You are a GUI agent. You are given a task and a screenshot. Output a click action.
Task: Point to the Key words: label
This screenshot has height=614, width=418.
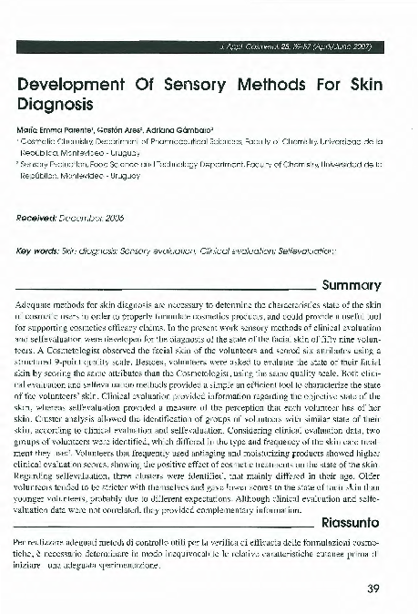(x=39, y=250)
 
